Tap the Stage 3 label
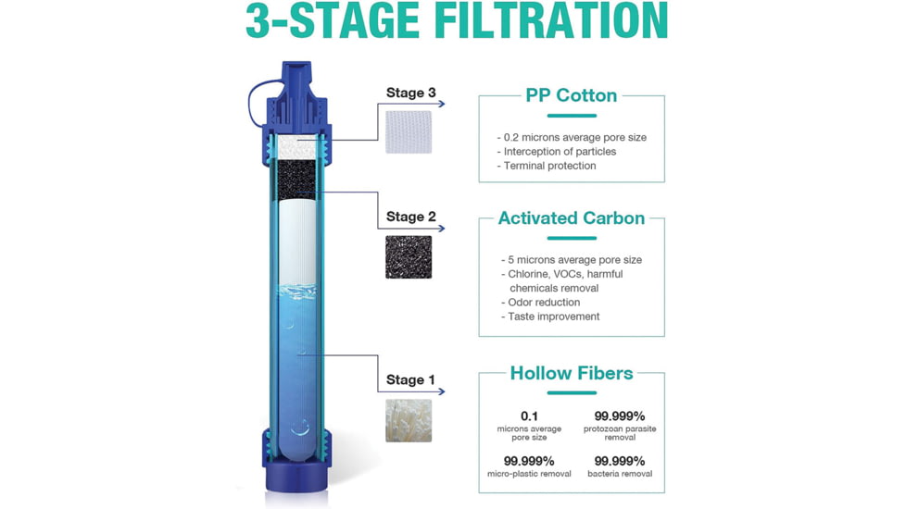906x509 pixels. (410, 93)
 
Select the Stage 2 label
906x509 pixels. (410, 217)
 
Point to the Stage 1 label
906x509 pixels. (410, 379)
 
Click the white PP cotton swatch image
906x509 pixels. (409, 131)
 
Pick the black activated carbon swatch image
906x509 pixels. (409, 256)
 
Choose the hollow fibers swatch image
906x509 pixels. (409, 420)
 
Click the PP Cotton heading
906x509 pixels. (571, 95)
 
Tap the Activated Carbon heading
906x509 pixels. (571, 218)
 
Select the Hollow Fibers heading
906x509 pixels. (571, 373)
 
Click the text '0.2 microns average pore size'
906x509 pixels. (572, 137)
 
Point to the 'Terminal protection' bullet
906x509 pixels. (549, 166)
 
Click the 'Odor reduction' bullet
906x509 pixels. (544, 302)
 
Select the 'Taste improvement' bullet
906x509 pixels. (553, 317)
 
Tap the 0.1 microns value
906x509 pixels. (529, 416)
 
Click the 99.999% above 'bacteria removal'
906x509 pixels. (619, 461)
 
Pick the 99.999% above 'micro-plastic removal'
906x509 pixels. (529, 461)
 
